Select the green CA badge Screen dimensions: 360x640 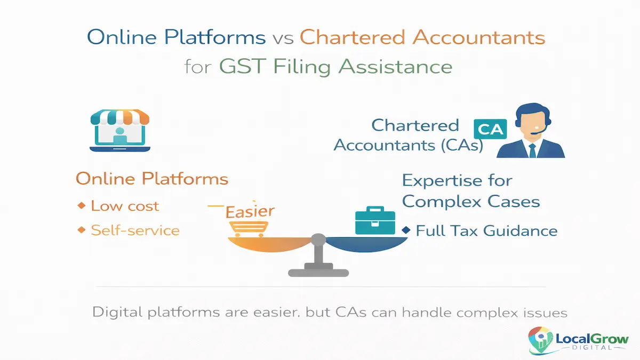pyautogui.click(x=490, y=130)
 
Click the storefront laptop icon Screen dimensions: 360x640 pyautogui.click(x=120, y=130)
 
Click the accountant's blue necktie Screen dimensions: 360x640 pyautogui.click(x=532, y=150)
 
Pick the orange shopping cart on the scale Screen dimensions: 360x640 pyautogui.click(x=247, y=228)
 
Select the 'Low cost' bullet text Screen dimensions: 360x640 pyautogui.click(x=125, y=206)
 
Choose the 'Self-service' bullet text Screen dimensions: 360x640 pyautogui.click(x=135, y=230)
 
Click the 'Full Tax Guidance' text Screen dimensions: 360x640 pyautogui.click(x=486, y=231)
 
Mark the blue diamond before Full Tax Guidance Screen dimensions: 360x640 pyautogui.click(x=406, y=230)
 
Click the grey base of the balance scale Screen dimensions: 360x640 pyautogui.click(x=318, y=272)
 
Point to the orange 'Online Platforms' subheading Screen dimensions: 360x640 pyautogui.click(x=152, y=179)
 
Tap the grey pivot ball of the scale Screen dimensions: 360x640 pyautogui.click(x=318, y=239)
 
